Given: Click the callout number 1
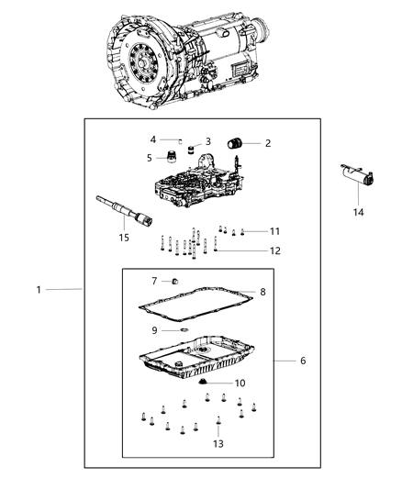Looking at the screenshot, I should (x=39, y=289).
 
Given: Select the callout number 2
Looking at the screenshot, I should (x=267, y=143).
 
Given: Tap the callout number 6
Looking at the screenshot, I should (x=302, y=361).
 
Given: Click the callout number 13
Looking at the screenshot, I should (x=217, y=444).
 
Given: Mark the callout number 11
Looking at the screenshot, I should (x=274, y=230).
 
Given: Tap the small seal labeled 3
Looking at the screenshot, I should (x=190, y=147).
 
